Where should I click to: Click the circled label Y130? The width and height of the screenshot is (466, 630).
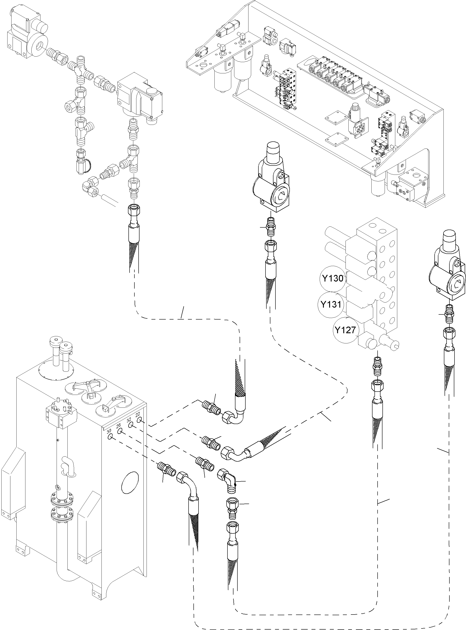tap(333, 279)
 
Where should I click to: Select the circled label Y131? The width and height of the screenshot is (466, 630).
tap(331, 305)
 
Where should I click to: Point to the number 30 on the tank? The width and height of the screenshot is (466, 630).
tap(109, 431)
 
